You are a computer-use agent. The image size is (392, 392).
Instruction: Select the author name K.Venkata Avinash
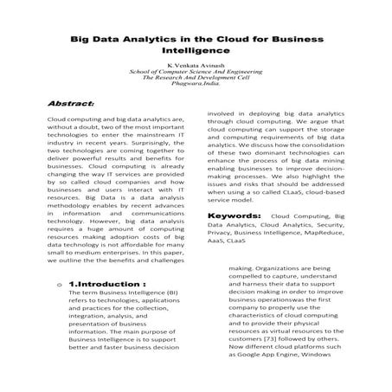coord(195,65)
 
